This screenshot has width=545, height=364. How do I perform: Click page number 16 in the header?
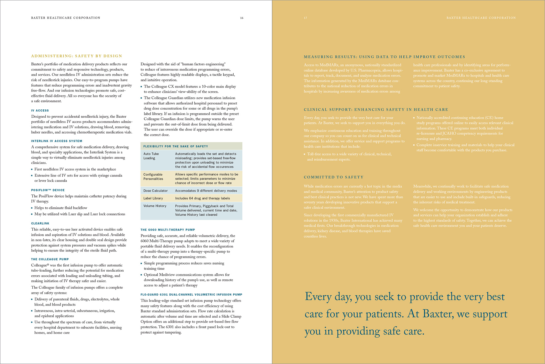click(x=242, y=18)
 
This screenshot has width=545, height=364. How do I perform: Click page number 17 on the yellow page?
click(x=305, y=18)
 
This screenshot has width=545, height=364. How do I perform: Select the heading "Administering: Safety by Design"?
click(x=77, y=56)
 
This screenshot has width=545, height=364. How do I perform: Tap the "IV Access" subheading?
click(x=40, y=111)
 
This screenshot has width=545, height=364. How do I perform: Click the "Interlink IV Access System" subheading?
click(x=57, y=141)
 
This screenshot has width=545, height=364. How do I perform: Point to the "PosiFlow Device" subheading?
click(x=48, y=190)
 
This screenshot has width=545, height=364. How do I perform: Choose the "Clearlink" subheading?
click(x=40, y=223)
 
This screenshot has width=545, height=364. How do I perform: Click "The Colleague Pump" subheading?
click(x=50, y=259)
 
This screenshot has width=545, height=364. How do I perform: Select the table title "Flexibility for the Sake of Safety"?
click(x=176, y=146)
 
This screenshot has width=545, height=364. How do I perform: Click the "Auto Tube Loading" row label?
click(x=151, y=156)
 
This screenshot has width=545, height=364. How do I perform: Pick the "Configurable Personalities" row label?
click(x=153, y=177)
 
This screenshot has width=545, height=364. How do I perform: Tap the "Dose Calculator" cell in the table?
click(x=156, y=191)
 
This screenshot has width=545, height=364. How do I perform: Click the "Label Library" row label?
click(x=153, y=198)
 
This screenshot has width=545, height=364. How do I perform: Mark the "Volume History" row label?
click(x=155, y=206)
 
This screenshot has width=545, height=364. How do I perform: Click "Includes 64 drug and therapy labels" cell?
click(x=202, y=198)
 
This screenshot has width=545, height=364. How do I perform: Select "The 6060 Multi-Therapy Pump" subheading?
click(x=168, y=230)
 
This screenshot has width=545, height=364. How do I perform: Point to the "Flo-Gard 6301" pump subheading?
click(x=191, y=295)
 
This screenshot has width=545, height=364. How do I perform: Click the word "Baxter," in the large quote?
click(x=439, y=314)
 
